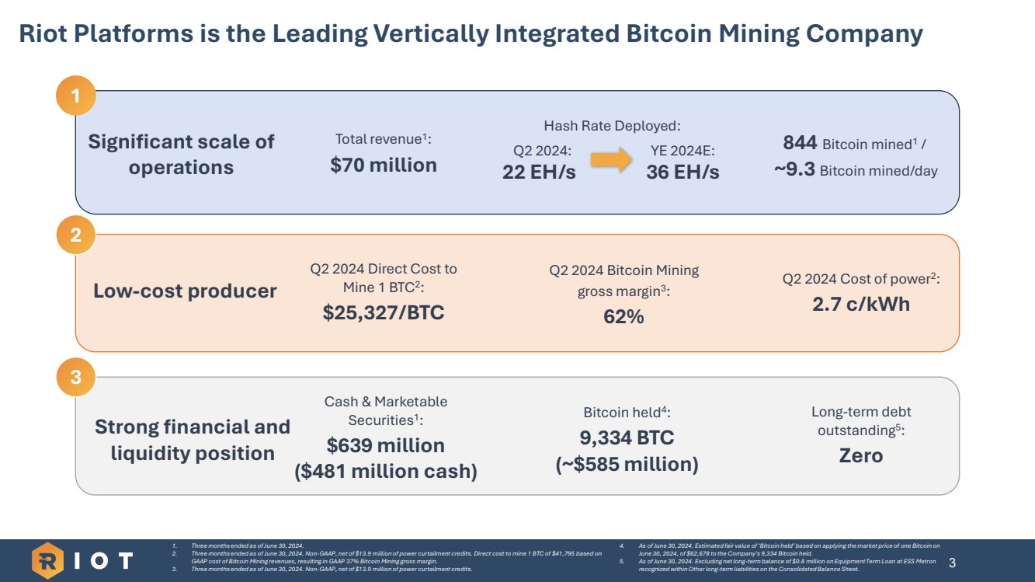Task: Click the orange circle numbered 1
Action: pyautogui.click(x=75, y=96)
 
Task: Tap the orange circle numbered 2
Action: pyautogui.click(x=75, y=235)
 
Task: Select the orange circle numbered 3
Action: pyautogui.click(x=75, y=378)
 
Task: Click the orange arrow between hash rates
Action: pyautogui.click(x=611, y=161)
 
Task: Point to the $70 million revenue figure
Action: pyautogui.click(x=384, y=165)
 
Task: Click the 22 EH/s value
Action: pyautogui.click(x=539, y=173)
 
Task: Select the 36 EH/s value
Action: pyautogui.click(x=682, y=173)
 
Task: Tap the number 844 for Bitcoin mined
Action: pyautogui.click(x=800, y=143)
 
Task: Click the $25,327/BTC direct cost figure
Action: pyautogui.click(x=384, y=312)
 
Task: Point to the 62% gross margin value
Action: pyautogui.click(x=623, y=316)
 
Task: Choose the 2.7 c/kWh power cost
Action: pyautogui.click(x=861, y=304)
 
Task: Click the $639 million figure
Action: pyautogui.click(x=386, y=445)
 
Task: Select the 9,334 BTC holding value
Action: pyautogui.click(x=627, y=437)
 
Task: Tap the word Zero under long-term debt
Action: pyautogui.click(x=861, y=455)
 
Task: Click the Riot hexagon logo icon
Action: pyautogui.click(x=47, y=560)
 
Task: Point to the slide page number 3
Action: pyautogui.click(x=953, y=562)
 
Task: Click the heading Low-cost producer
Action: pyautogui.click(x=185, y=291)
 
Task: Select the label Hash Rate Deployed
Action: pyautogui.click(x=612, y=126)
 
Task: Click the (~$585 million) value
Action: pyautogui.click(x=627, y=465)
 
